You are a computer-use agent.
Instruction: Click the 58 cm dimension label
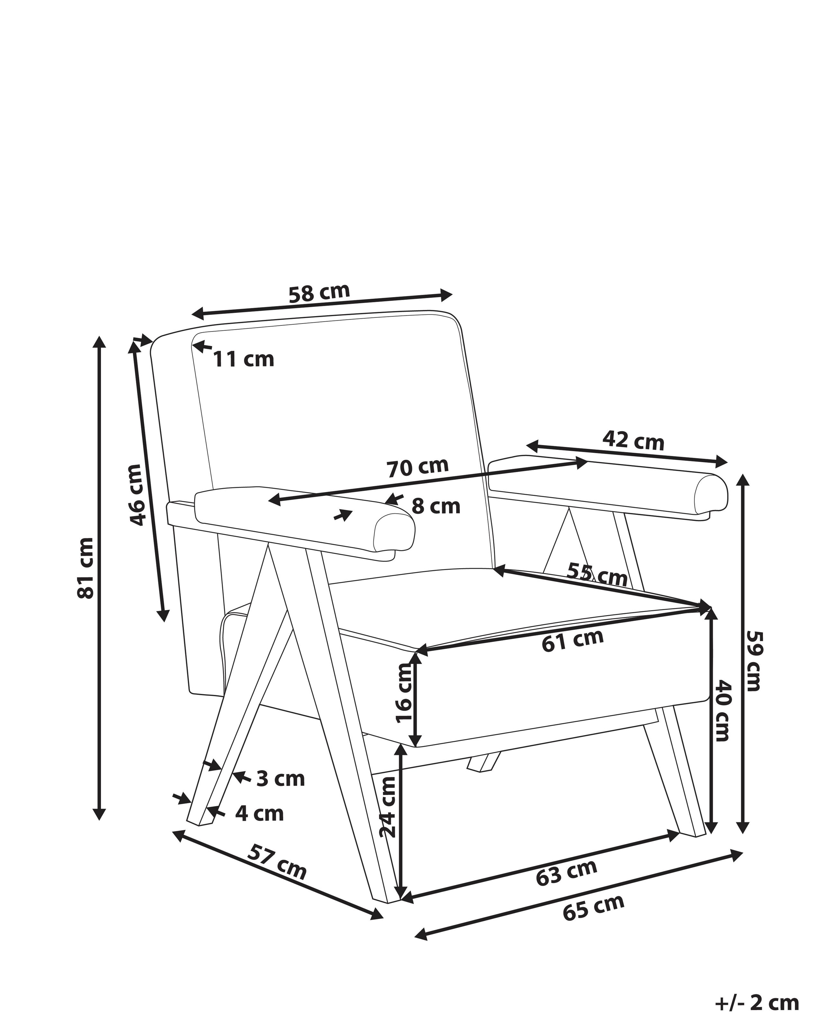tap(319, 293)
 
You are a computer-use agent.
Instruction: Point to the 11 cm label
tap(243, 360)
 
